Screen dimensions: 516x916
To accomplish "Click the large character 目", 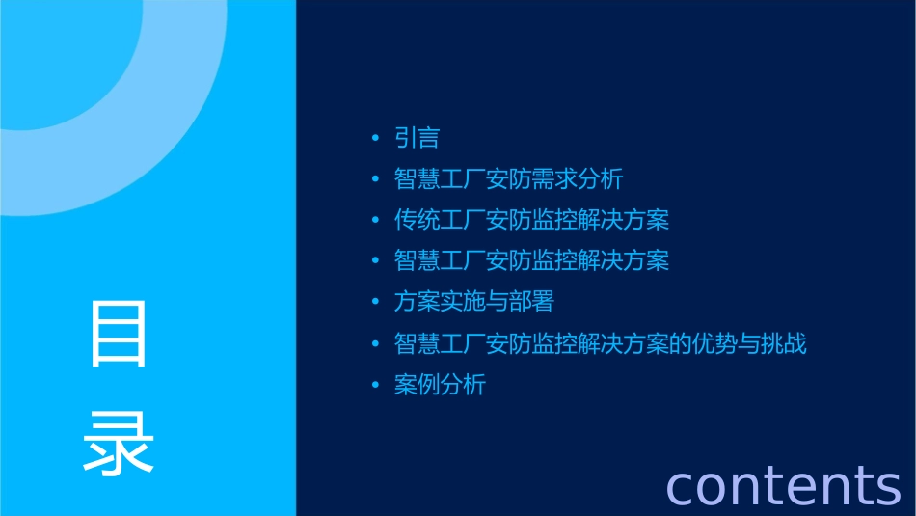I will pyautogui.click(x=120, y=335).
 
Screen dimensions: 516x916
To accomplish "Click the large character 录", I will pyautogui.click(x=120, y=443).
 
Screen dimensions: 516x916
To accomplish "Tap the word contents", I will pyautogui.click(x=783, y=485).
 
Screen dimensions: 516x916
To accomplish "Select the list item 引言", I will pyautogui.click(x=417, y=138).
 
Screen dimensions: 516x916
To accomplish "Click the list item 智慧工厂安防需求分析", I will pyautogui.click(x=508, y=179).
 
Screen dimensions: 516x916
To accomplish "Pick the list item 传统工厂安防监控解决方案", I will pyautogui.click(x=531, y=220).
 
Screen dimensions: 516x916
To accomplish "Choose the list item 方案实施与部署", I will pyautogui.click(x=473, y=302).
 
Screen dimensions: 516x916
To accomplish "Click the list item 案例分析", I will pyautogui.click(x=440, y=385).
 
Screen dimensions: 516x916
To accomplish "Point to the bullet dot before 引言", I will pyautogui.click(x=375, y=139).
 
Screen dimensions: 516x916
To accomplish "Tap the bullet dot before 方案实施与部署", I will pyautogui.click(x=375, y=303).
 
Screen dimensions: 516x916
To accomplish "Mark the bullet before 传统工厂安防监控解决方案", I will pyautogui.click(x=375, y=221).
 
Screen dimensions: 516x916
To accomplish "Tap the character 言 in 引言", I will pyautogui.click(x=429, y=138).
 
